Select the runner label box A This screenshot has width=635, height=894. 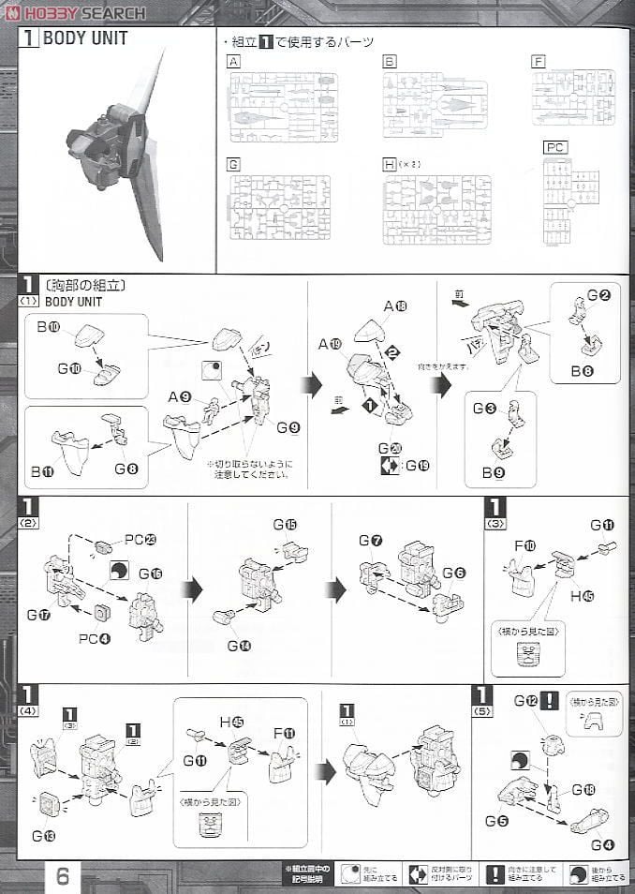(233, 62)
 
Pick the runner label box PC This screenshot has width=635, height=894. (555, 148)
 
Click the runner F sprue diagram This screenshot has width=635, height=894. (573, 97)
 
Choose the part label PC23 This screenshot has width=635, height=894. (137, 540)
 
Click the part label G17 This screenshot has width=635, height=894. (37, 615)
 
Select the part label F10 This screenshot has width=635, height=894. (529, 545)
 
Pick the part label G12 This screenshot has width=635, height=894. (525, 701)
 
